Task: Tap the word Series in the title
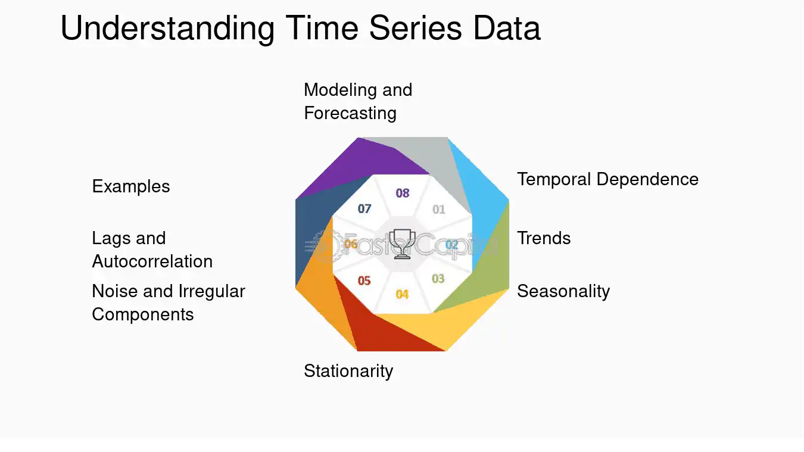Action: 415,28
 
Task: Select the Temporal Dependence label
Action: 607,179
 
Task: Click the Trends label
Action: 544,238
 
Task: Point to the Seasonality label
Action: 563,291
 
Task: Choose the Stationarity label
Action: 348,371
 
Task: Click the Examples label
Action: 130,186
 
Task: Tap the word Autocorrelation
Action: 152,261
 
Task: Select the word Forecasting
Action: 350,114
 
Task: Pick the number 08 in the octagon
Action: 403,193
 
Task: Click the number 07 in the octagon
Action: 364,208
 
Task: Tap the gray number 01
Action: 438,209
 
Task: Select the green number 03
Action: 438,279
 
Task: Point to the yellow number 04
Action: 402,294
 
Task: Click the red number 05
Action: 364,280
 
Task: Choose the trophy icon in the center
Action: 402,244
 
